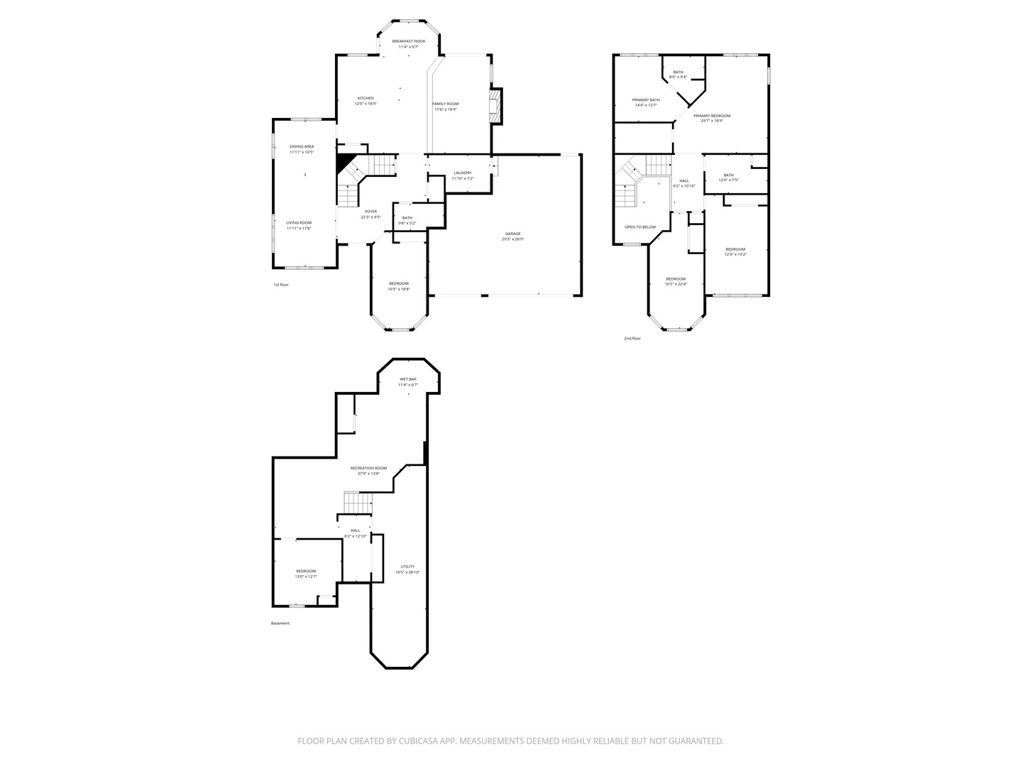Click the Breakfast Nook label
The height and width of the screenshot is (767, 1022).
point(409,41)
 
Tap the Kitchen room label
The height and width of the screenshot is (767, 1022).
point(366,99)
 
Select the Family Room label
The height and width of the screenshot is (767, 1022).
point(446,104)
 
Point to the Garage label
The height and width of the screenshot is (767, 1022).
point(512,234)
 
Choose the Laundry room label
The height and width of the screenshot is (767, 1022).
point(462,173)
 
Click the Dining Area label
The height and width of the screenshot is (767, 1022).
point(301,146)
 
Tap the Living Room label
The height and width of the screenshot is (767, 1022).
point(299,223)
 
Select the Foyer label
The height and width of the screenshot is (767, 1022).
point(371,211)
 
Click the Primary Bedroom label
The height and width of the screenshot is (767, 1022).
point(712,116)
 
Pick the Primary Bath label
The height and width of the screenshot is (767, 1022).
point(646,100)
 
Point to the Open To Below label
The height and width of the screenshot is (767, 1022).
point(640,227)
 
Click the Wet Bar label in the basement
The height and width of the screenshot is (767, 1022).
point(408,379)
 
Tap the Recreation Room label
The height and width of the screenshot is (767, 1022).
point(369,468)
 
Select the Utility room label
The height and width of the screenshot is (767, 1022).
point(407,567)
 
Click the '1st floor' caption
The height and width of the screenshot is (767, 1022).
point(281,285)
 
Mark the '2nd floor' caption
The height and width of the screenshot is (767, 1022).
point(632,339)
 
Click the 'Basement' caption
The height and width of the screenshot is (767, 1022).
point(280,624)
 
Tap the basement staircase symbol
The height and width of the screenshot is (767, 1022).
point(358,502)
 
